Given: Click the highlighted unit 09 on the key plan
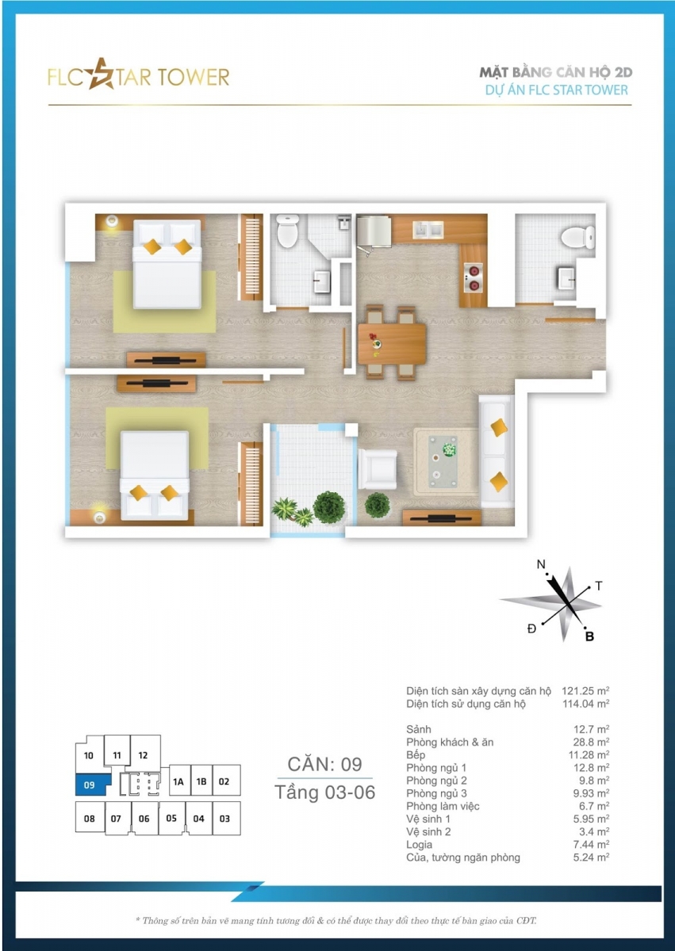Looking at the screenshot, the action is [91, 785].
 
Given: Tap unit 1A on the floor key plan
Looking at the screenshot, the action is [178, 781].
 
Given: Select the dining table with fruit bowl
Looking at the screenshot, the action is [391, 343].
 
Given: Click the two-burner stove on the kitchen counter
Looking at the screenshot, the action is [473, 277].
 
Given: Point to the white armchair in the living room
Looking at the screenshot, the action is [378, 469].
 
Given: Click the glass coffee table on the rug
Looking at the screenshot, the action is [443, 461].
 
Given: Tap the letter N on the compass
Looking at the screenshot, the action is [541, 564].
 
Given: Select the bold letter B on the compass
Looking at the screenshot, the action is [589, 636].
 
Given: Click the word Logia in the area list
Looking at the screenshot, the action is [420, 845].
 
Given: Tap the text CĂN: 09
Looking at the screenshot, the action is [324, 764].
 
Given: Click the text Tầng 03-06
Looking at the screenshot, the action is [324, 792].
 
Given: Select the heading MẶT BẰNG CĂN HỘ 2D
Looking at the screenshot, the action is [556, 73].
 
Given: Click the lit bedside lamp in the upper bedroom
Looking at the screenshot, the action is [112, 221].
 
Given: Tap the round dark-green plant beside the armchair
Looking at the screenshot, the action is [377, 505].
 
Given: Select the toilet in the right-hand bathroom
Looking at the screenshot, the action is [578, 237].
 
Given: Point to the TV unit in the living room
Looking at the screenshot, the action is [442, 518].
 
